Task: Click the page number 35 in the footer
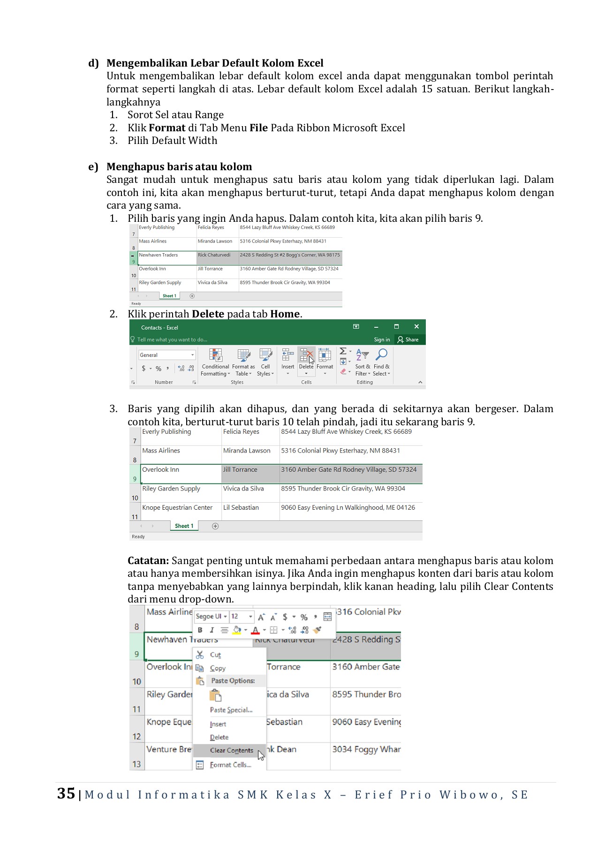[66, 793]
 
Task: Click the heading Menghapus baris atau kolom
[179, 167]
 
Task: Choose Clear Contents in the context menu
[231, 750]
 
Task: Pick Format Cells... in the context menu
[230, 765]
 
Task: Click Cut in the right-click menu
[215, 655]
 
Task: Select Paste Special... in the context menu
[231, 710]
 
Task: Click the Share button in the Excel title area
[408, 339]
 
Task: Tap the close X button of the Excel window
[416, 326]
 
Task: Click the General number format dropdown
[166, 355]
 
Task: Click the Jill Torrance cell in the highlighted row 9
[240, 470]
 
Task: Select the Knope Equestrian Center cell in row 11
[177, 508]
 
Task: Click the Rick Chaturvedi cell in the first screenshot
[214, 255]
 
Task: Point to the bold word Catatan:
[148, 561]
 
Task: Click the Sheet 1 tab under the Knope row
[184, 526]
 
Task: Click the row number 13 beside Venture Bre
[136, 764]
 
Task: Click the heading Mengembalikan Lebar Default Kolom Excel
[215, 63]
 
